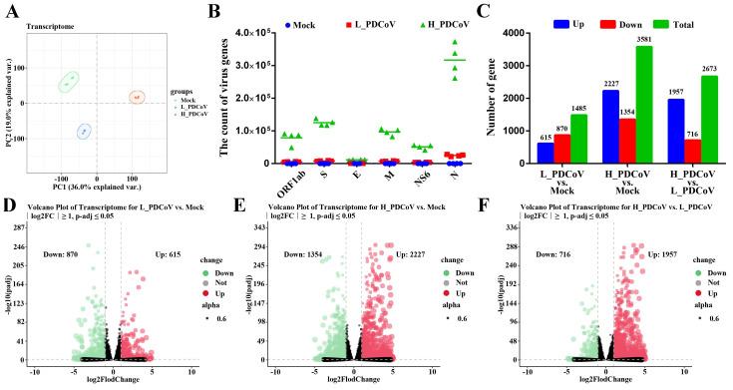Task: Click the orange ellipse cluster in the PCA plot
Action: click(x=138, y=97)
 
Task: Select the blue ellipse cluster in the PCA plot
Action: click(x=85, y=131)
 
